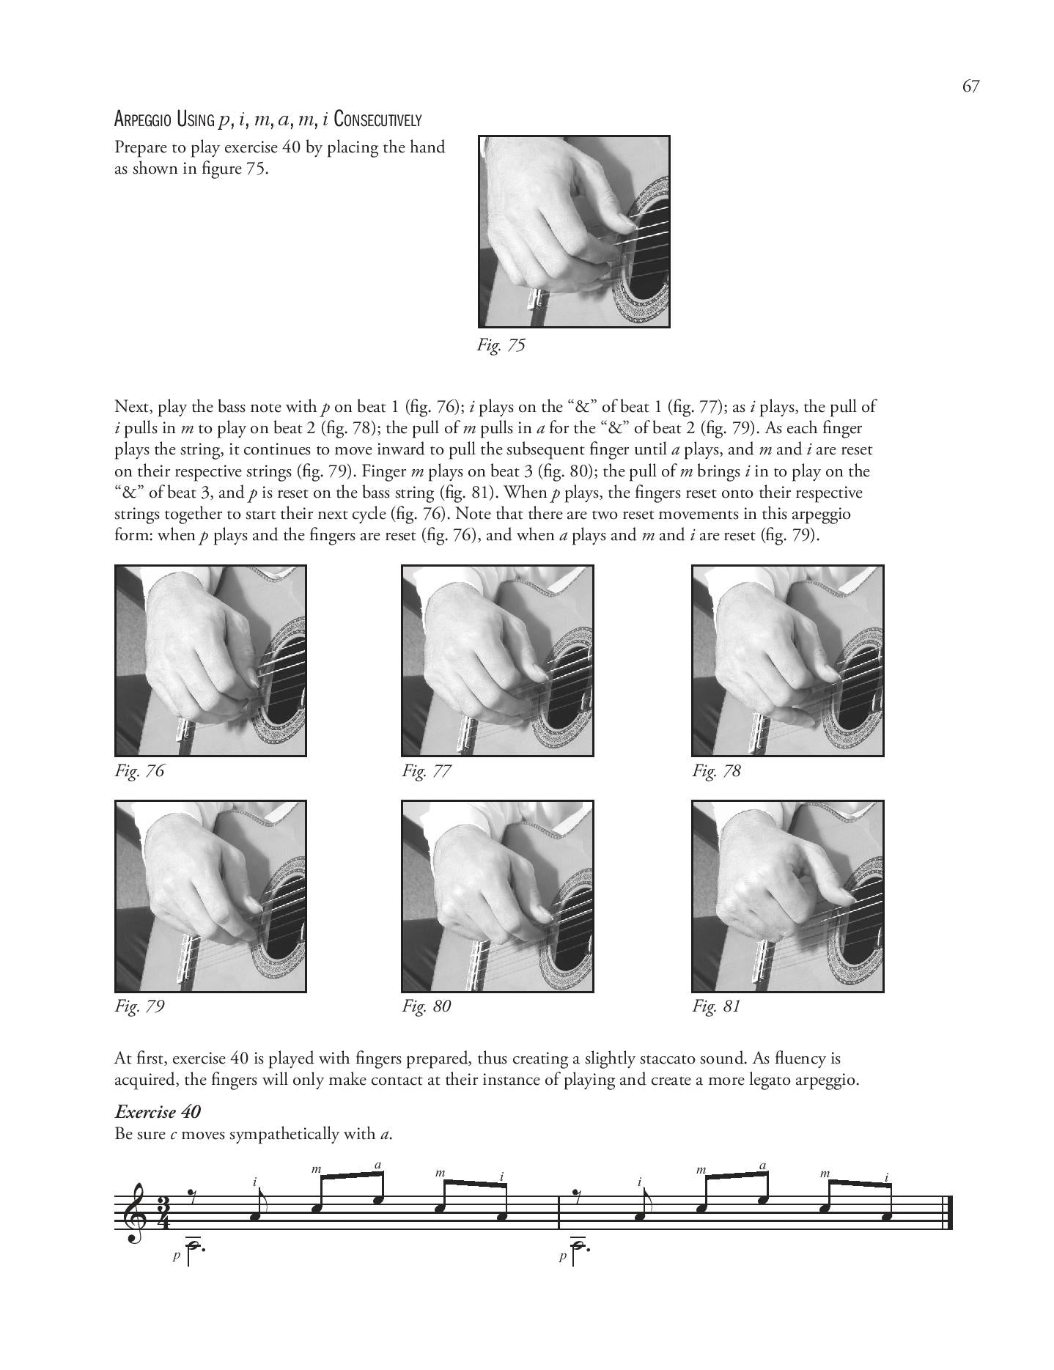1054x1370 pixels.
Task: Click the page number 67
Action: [970, 86]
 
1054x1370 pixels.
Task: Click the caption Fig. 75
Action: [501, 345]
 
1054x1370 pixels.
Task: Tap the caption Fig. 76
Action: [139, 770]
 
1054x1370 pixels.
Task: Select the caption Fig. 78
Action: [716, 770]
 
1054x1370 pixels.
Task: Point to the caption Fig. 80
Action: [426, 1006]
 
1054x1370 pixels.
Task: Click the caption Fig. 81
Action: [716, 1006]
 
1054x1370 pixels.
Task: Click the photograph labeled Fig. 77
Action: [497, 660]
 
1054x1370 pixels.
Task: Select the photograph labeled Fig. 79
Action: [210, 896]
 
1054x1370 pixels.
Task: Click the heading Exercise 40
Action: [158, 1111]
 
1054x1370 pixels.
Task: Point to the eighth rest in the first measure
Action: [193, 1198]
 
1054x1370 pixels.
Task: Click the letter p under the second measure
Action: [562, 1255]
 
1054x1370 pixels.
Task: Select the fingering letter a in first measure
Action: [378, 1165]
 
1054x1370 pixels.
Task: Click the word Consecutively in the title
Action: [377, 119]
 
